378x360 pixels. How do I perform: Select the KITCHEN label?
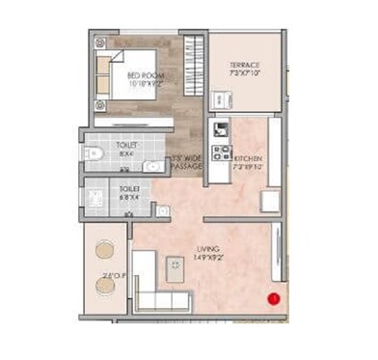point(247,157)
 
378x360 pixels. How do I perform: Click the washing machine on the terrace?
point(220,99)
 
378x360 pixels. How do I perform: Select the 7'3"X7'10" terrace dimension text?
point(246,72)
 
